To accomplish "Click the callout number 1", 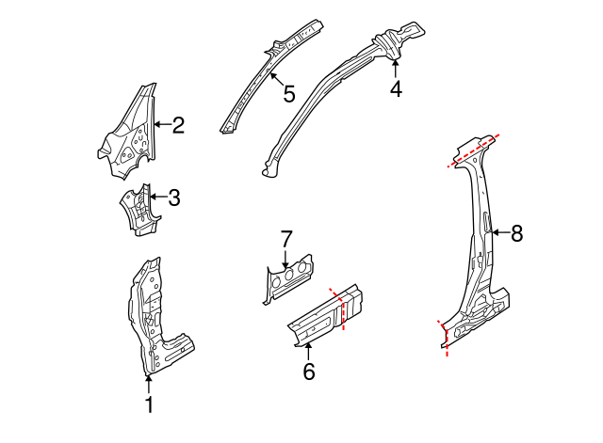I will tap(148, 405).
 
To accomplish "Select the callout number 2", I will tap(178, 123).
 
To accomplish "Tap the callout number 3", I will tap(173, 198).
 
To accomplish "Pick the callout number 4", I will tap(396, 89).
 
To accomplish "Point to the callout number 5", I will tap(288, 93).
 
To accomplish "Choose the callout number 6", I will tap(308, 372).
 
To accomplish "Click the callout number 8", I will tap(515, 233).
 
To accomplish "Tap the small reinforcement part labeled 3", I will tap(137, 209).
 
